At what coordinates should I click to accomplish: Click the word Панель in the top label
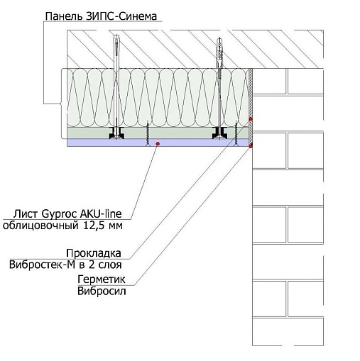(x=63, y=16)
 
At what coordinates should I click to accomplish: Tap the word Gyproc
(x=59, y=214)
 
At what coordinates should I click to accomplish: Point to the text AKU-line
(x=101, y=213)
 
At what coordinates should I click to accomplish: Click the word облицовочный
(x=40, y=226)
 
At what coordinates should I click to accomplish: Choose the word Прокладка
(x=94, y=253)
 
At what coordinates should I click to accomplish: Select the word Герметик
(x=102, y=279)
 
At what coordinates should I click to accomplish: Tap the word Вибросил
(x=102, y=291)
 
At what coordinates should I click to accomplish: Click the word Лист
(x=26, y=214)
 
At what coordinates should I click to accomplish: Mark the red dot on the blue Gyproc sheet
(x=158, y=143)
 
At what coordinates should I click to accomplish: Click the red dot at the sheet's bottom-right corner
(x=251, y=147)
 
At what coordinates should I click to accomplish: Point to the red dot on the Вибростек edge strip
(x=251, y=119)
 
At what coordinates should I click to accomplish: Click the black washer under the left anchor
(x=116, y=133)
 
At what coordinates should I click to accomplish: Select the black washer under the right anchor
(x=220, y=133)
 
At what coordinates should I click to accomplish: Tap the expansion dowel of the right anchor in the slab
(x=219, y=53)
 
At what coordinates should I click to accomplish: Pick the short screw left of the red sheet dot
(x=148, y=133)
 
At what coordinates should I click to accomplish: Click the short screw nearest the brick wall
(x=236, y=133)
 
